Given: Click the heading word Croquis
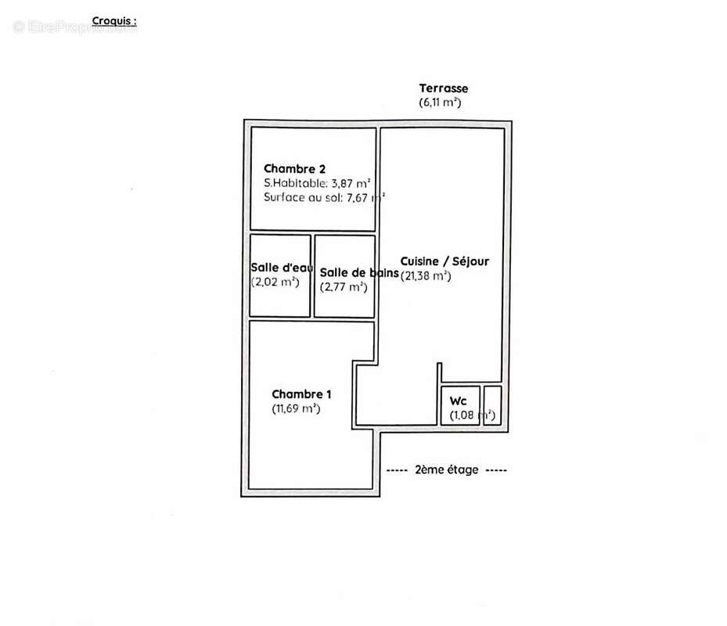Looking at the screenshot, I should [x=113, y=21].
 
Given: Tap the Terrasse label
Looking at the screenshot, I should [x=443, y=88].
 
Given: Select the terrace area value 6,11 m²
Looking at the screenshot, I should [x=440, y=103].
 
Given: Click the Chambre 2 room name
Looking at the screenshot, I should [x=294, y=168].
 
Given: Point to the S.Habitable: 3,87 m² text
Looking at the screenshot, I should [x=316, y=182].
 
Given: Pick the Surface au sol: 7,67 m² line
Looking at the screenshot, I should [x=323, y=197].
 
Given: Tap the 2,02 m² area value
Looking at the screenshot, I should [x=276, y=282].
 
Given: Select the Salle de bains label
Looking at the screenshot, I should [x=354, y=272].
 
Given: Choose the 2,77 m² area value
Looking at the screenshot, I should [x=344, y=286].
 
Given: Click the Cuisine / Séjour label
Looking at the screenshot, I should [x=444, y=261].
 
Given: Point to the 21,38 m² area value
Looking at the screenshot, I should [x=426, y=275].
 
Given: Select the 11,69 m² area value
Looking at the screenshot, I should [x=296, y=408].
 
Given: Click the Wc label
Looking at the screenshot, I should [x=457, y=400].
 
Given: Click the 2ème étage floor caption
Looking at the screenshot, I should [x=447, y=470].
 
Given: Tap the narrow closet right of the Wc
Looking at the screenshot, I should [x=492, y=405].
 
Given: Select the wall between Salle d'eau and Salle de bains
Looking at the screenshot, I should [x=312, y=275].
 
